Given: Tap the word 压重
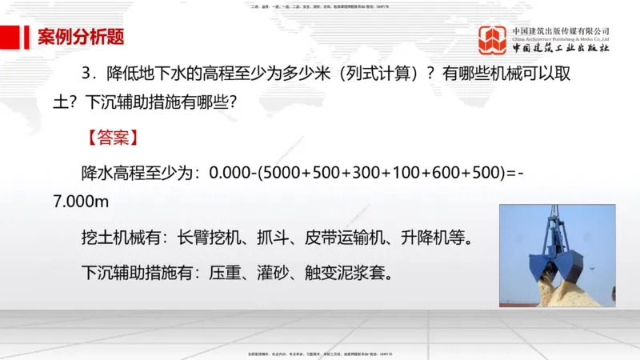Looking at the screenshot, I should point(227,273).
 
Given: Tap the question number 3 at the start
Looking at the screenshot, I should point(88,73).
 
